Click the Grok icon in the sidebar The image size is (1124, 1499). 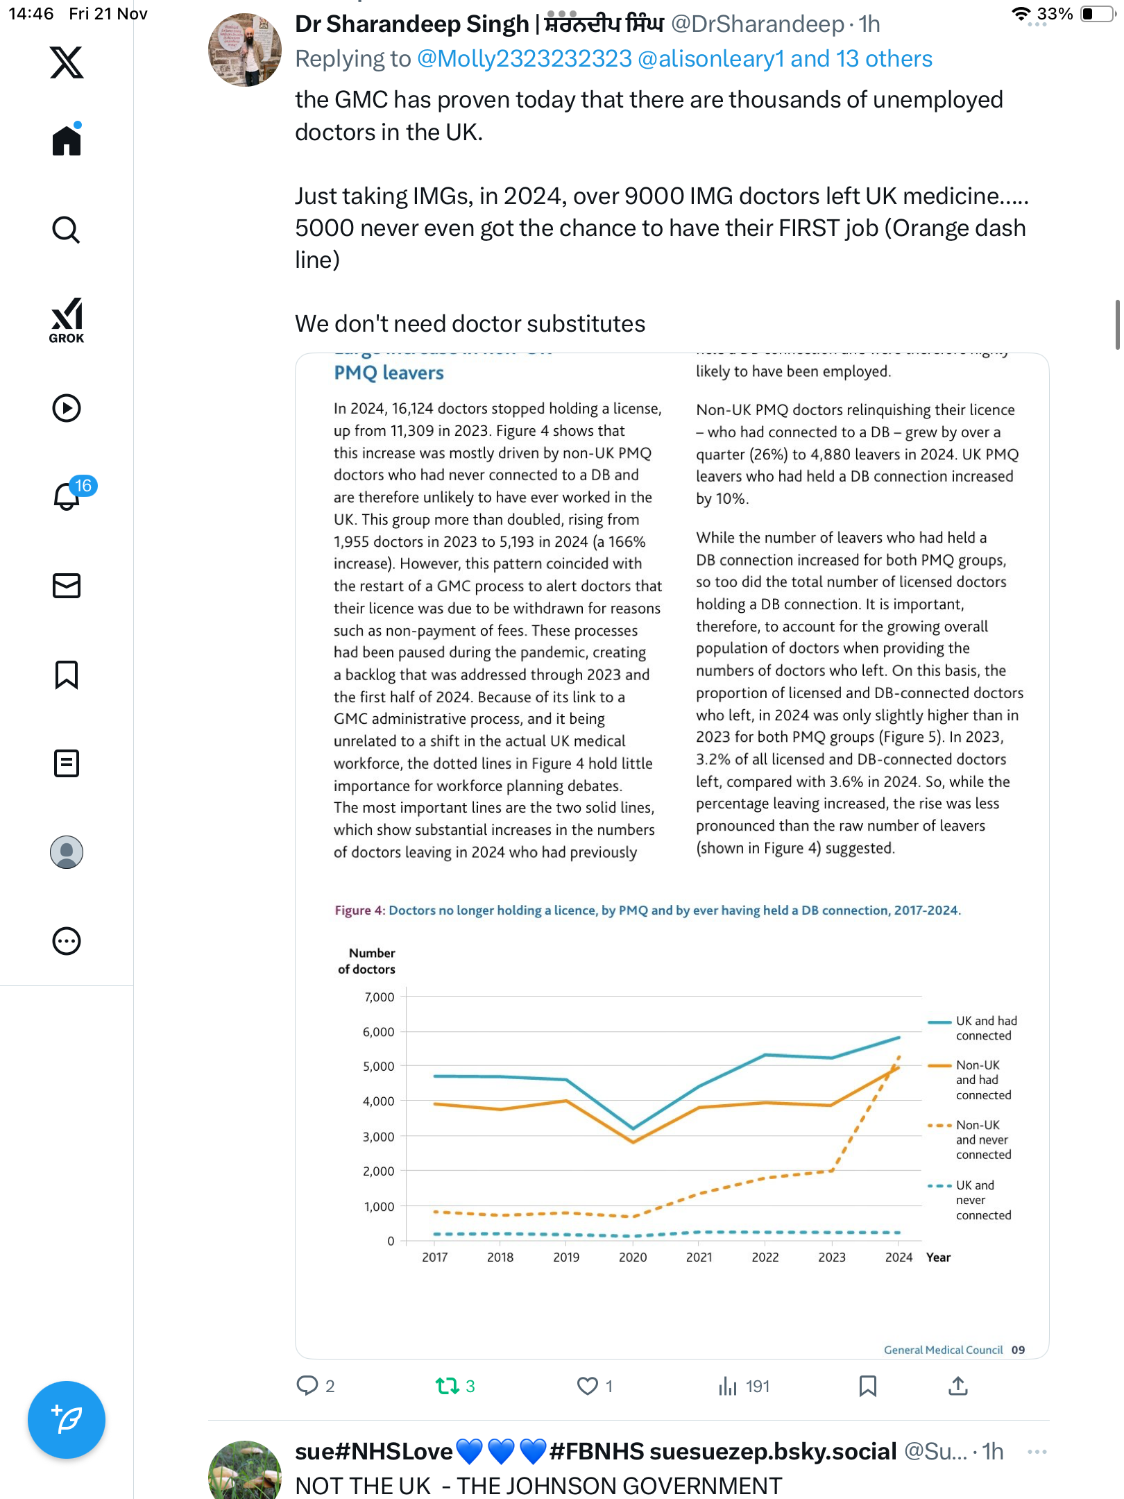[x=67, y=320]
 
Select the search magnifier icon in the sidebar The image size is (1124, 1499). [x=67, y=230]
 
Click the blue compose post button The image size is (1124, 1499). [x=67, y=1419]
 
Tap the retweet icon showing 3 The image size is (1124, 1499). [x=448, y=1386]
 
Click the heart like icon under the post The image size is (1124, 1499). [x=588, y=1386]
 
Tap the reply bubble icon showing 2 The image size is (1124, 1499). [x=307, y=1386]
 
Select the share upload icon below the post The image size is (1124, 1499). [x=957, y=1386]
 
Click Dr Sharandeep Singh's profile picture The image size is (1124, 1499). [x=245, y=50]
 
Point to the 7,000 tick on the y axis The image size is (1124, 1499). [x=379, y=997]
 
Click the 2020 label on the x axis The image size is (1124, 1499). [x=633, y=1257]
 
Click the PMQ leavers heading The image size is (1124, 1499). [x=389, y=373]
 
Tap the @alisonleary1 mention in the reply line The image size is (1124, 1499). [x=710, y=59]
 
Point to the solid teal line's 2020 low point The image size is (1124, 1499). [x=633, y=1128]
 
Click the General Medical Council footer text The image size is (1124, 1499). [x=943, y=1350]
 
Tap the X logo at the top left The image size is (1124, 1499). [x=67, y=62]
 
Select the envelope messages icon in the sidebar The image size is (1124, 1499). [x=67, y=586]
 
